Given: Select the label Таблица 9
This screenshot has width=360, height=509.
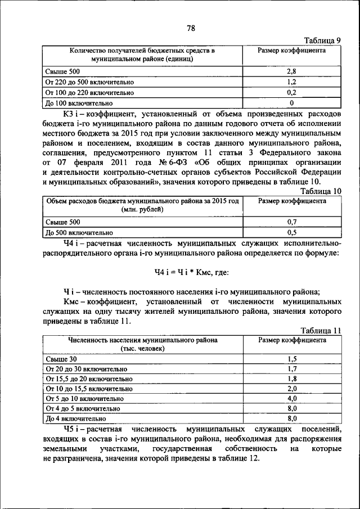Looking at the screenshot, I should point(322,41).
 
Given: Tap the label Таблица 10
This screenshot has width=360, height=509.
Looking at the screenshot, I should point(321,191).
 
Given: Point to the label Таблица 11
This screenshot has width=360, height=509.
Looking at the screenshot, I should point(321,331).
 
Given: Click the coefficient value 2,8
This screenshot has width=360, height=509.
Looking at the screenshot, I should point(291,71).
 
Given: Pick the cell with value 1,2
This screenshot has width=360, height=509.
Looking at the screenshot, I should point(291,82).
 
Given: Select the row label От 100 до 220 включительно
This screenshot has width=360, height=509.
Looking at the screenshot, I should point(89,93).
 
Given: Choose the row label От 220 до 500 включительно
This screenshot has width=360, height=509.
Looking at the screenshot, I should point(89,82).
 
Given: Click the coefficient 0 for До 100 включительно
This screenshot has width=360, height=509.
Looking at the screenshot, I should point(291,103).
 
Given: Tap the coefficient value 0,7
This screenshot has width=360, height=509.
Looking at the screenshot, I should point(291,222).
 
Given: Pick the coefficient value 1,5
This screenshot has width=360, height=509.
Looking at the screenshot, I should point(291,359).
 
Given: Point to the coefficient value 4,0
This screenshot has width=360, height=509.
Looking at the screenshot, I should point(291,399).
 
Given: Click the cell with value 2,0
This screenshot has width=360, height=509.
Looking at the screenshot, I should point(291,389).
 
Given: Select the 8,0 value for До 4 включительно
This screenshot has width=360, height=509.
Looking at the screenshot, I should point(291,419).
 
